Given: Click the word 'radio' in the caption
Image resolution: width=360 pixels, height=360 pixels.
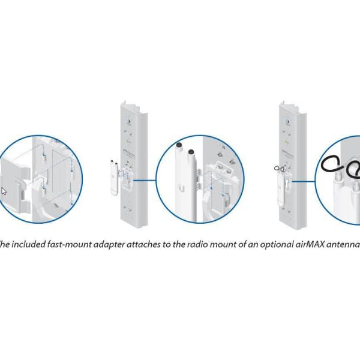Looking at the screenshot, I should pos(187,244).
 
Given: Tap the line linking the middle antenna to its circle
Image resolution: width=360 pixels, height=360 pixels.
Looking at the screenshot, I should pos(145,179).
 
